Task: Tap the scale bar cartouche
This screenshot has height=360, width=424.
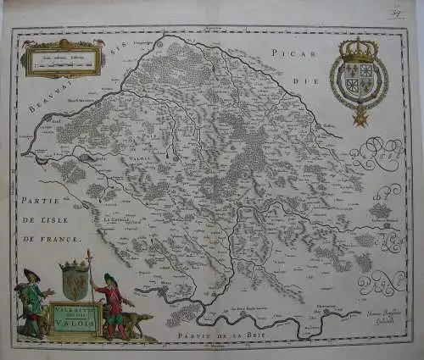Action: click(x=64, y=58)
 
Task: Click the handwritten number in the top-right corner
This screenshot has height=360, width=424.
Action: click(x=395, y=14)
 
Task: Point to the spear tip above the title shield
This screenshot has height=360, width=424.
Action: click(x=89, y=253)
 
